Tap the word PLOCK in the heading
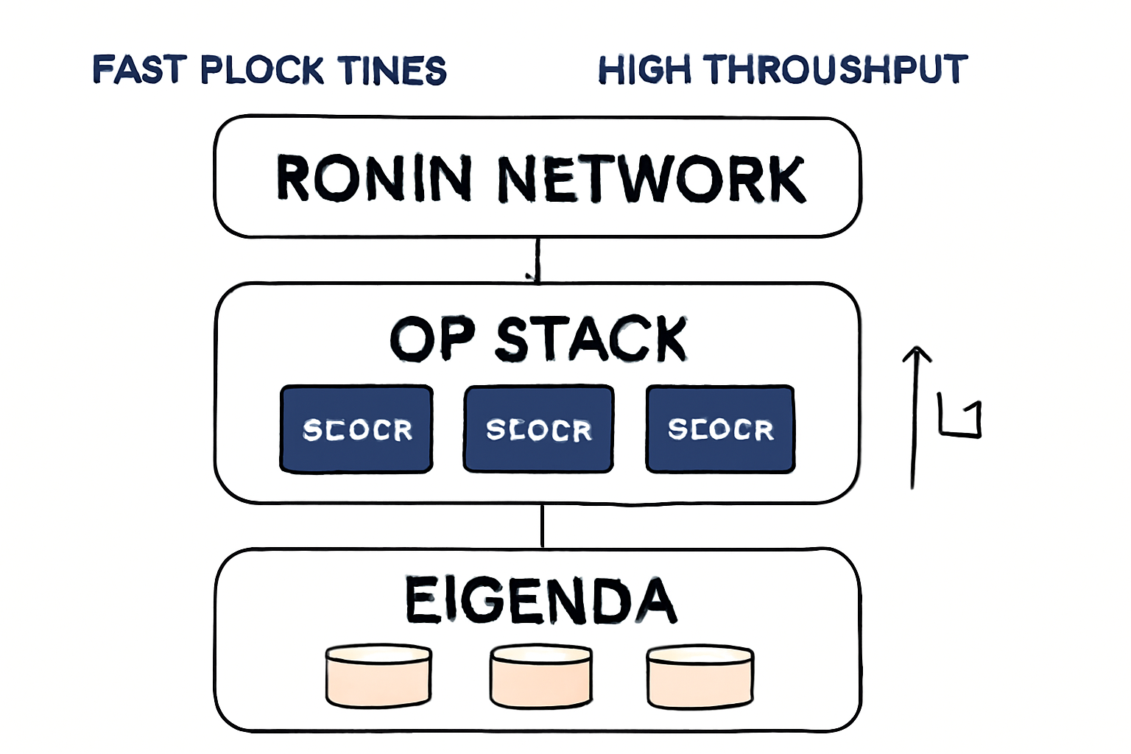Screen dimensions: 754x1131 point(262,70)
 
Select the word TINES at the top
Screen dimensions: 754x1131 point(392,70)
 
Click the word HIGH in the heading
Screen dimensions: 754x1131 point(644,70)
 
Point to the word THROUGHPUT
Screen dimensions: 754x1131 point(835,70)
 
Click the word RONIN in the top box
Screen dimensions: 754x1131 point(374,178)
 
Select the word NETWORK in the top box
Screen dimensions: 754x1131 point(652,178)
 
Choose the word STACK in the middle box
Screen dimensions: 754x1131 point(591,339)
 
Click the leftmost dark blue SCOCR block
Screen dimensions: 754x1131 point(356,429)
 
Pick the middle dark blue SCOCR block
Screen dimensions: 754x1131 point(538,429)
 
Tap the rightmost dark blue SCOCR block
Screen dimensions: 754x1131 point(720,429)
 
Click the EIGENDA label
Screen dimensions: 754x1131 point(540,600)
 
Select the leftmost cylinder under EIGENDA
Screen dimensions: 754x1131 point(378,676)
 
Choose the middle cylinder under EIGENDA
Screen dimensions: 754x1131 point(541,676)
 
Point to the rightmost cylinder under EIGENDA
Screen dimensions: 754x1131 point(700,676)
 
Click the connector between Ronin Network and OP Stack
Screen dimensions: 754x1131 point(538,260)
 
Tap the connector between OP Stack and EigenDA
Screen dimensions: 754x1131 point(543,526)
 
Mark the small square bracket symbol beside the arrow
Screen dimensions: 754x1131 point(960,419)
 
